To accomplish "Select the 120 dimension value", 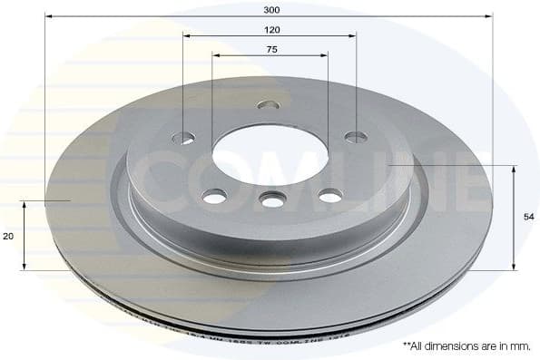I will click(270, 30).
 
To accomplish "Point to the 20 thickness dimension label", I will click(8, 236).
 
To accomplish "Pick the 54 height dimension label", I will click(527, 217).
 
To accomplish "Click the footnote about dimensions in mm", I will click(466, 346).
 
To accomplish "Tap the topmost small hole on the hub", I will click(269, 105).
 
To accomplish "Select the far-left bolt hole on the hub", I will click(183, 138).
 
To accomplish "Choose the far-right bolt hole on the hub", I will click(357, 137).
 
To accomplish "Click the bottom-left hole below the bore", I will click(215, 196).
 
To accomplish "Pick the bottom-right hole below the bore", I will click(330, 195).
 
